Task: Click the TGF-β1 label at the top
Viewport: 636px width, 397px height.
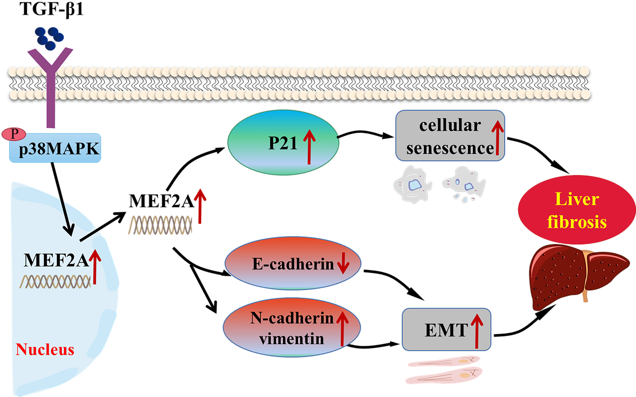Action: tap(51, 9)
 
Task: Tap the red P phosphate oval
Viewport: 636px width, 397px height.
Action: tap(14, 134)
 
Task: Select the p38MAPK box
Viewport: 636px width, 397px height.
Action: tap(55, 148)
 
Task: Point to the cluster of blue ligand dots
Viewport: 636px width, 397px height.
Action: tap(49, 38)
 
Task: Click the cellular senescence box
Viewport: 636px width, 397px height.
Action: tap(450, 136)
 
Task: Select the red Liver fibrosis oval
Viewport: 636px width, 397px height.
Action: tap(577, 210)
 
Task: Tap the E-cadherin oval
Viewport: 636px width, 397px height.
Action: tap(293, 263)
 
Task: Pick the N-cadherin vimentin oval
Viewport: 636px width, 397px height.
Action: tap(292, 327)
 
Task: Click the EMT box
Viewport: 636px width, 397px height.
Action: tap(446, 329)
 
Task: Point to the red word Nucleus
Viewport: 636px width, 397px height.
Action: tap(45, 349)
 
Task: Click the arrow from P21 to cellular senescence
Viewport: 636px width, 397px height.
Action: tap(365, 133)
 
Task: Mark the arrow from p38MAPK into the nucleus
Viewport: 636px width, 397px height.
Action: tap(62, 199)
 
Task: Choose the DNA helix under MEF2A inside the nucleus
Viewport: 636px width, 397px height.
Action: tap(55, 282)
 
